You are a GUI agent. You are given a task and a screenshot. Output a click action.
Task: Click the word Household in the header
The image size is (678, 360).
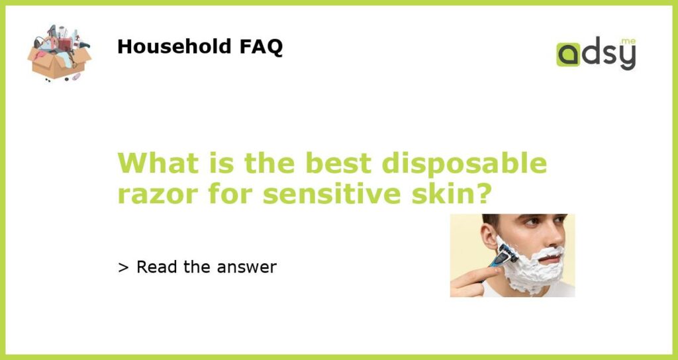[174, 46]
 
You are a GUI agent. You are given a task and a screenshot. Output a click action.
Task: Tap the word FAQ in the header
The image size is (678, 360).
[261, 47]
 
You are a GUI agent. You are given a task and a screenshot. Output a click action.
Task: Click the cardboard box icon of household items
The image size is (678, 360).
[59, 53]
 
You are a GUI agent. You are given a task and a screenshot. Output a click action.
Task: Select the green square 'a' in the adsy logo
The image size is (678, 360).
[568, 54]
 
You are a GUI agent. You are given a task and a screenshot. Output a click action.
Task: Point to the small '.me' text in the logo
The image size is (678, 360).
[628, 42]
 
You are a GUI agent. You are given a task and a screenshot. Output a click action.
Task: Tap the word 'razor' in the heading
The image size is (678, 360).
[159, 195]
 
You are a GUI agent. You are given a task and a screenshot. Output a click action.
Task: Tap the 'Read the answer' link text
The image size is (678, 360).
[207, 267]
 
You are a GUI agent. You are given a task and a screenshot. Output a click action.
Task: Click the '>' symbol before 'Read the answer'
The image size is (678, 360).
[123, 268]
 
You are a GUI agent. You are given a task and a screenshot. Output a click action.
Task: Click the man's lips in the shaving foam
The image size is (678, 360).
[550, 259]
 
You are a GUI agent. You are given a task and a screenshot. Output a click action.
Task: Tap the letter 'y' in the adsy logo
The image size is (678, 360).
[628, 57]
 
